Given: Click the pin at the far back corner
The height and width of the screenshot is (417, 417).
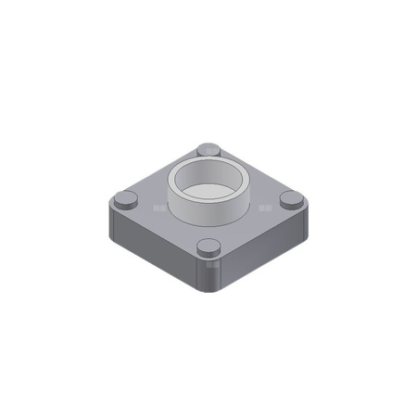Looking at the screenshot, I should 208,150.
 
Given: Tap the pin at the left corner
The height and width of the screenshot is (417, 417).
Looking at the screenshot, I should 125,198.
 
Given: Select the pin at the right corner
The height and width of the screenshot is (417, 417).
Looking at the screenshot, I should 291,198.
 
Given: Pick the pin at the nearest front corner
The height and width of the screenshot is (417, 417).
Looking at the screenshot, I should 209,247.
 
